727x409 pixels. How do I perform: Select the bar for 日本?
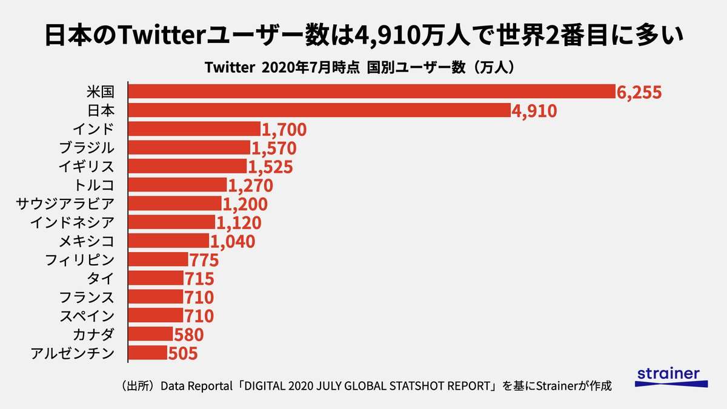coord(320,110)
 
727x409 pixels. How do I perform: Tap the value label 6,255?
coord(639,92)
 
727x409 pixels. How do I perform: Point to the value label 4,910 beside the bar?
coord(534,111)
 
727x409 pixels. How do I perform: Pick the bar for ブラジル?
coord(190,147)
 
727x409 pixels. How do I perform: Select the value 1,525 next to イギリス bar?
coord(271,167)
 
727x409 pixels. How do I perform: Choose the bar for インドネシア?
coord(172,222)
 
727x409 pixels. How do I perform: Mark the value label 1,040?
coord(233,241)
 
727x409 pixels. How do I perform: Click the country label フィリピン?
coord(79,259)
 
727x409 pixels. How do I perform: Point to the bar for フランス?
coord(156,296)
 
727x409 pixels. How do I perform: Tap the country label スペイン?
coord(86,315)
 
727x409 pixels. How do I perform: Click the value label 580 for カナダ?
coord(188,334)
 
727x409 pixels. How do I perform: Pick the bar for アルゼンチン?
coord(148,352)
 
